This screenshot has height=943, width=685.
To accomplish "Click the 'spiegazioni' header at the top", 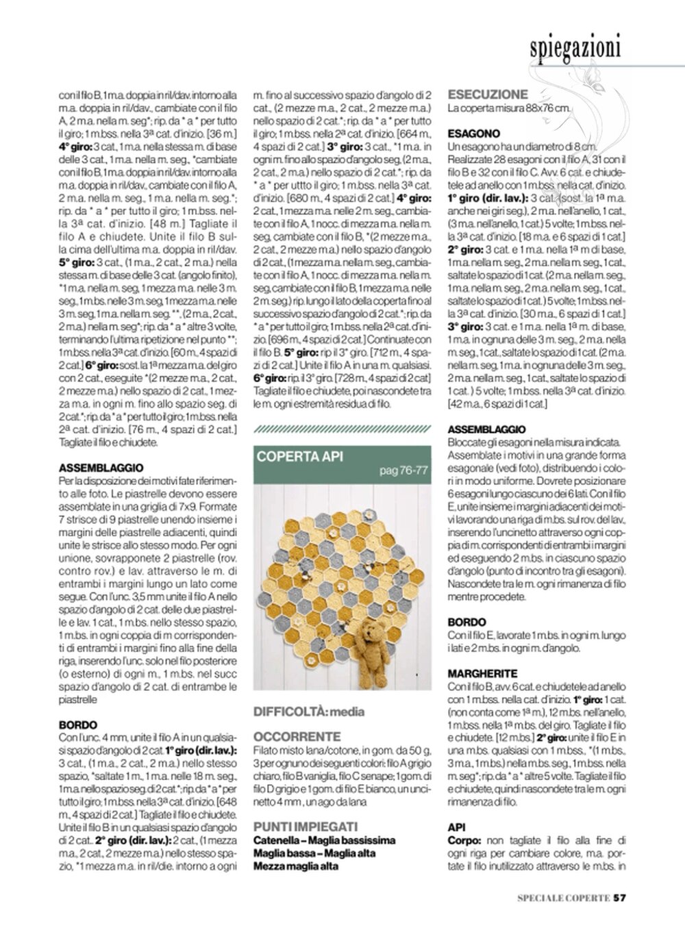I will pyautogui.click(x=575, y=47).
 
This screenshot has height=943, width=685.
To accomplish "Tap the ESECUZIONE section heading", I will pyautogui.click(x=488, y=95).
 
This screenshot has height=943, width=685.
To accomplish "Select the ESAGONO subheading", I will pyautogui.click(x=474, y=134).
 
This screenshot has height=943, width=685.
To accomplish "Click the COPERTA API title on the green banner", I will pyautogui.click(x=299, y=457).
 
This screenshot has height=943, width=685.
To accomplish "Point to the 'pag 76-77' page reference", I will pyautogui.click(x=403, y=470).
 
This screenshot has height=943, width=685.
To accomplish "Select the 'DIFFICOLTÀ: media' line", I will pyautogui.click(x=309, y=712).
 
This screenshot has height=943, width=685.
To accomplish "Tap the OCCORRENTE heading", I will pyautogui.click(x=297, y=736).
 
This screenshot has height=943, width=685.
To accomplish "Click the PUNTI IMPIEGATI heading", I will pyautogui.click(x=306, y=827).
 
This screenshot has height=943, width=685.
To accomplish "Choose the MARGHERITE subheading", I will pyautogui.click(x=482, y=673).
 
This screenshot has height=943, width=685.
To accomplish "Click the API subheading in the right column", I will pyautogui.click(x=456, y=827).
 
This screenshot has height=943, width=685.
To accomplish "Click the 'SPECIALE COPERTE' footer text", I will pyautogui.click(x=563, y=898).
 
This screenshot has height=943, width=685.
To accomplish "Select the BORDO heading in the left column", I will pyautogui.click(x=78, y=725).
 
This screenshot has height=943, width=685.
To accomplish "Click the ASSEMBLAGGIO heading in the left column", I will pyautogui.click(x=101, y=468).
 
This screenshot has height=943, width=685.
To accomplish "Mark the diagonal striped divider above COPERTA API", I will pyautogui.click(x=342, y=429).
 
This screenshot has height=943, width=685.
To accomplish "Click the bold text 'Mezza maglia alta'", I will pyautogui.click(x=296, y=866).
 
